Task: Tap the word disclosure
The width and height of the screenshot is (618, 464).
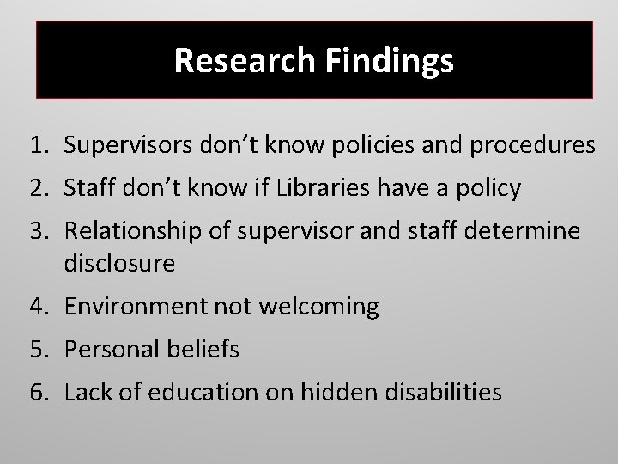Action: pos(119,263)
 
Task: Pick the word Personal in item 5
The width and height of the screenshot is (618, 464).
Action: pos(103,350)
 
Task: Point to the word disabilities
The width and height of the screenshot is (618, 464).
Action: pos(451,393)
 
